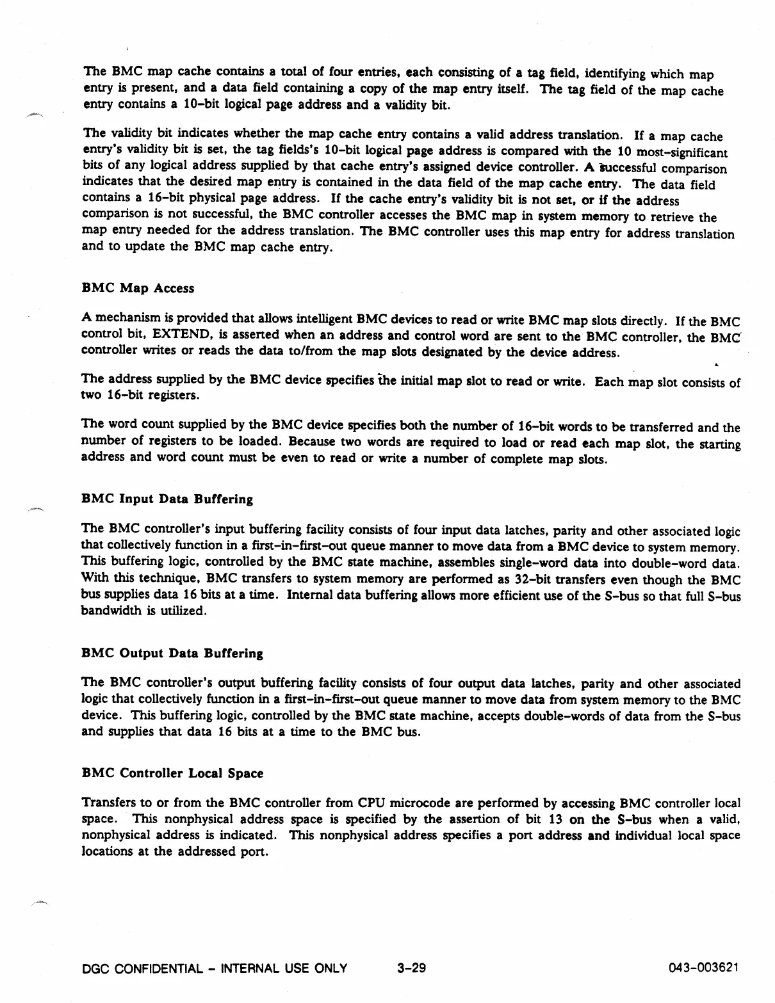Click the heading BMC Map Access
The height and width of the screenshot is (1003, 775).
point(138,289)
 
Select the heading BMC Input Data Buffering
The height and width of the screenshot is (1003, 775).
point(167,499)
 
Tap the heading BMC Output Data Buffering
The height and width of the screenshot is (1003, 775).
point(172,654)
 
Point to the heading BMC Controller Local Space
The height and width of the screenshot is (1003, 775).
point(172,773)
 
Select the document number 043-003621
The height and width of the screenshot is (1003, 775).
point(703,968)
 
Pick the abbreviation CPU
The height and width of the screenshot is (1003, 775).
point(370,803)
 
